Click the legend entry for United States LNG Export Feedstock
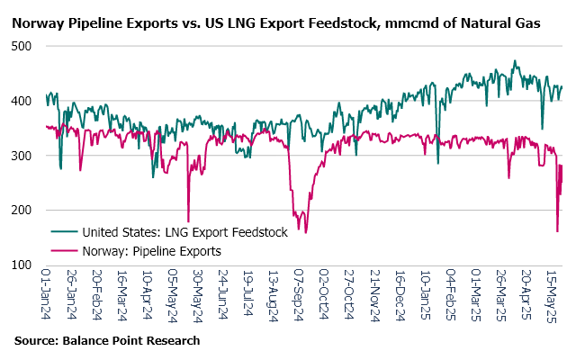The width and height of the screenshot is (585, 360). click(184, 232)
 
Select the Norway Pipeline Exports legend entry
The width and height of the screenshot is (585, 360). click(150, 251)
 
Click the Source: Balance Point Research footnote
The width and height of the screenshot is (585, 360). click(106, 341)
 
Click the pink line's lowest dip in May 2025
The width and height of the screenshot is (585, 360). click(557, 231)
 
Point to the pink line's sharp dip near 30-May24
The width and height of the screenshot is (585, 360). click(188, 221)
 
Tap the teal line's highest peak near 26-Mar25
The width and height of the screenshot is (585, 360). click(515, 61)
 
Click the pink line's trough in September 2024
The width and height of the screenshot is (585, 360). click(305, 232)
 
